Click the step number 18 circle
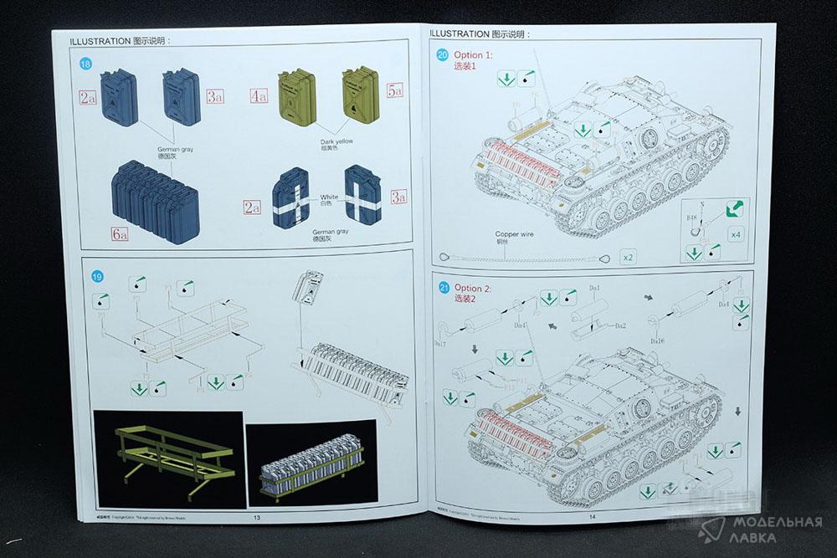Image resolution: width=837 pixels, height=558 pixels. tap(85, 64)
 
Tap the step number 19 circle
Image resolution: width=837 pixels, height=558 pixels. tap(97, 277)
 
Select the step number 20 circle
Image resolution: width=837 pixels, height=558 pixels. tap(443, 56)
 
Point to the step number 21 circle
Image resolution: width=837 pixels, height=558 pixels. tap(444, 289)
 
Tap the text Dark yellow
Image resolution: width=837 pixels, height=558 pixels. tap(336, 141)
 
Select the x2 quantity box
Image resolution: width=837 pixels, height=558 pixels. tap(628, 257)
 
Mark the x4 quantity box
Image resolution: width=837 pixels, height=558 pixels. tap(735, 234)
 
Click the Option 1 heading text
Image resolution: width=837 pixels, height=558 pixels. tap(474, 55)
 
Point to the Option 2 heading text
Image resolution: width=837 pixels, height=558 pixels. tap(475, 289)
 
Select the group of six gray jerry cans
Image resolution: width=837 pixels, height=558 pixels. tap(157, 193)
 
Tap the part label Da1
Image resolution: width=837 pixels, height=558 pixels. tap(596, 288)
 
